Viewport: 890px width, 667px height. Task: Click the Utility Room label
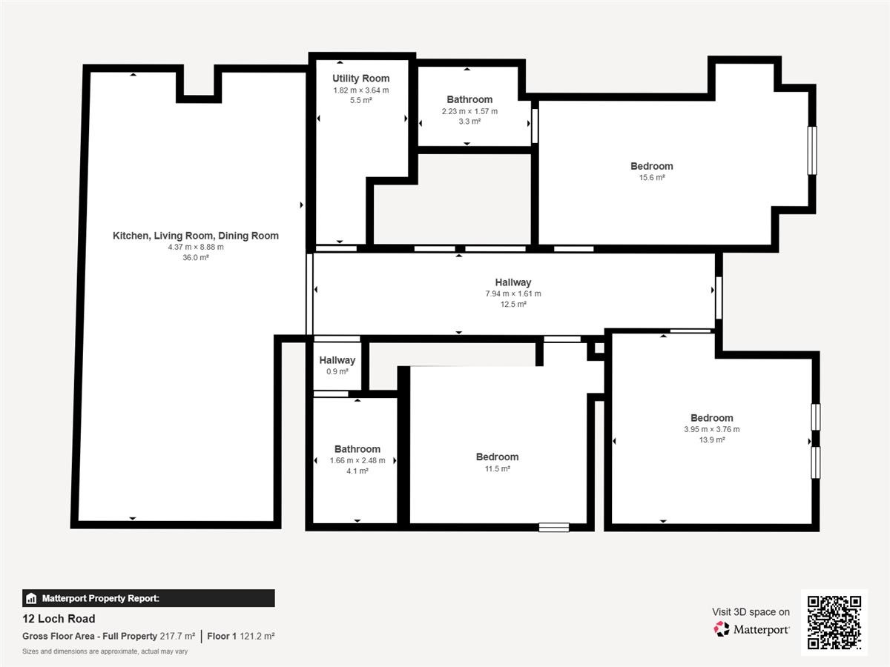pyautogui.click(x=361, y=79)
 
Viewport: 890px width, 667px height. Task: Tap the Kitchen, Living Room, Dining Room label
pyautogui.click(x=196, y=236)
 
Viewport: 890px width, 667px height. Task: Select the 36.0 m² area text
pyautogui.click(x=196, y=258)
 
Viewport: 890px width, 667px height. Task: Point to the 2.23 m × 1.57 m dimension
pyautogui.click(x=469, y=111)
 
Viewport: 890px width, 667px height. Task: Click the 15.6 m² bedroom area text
pyautogui.click(x=652, y=177)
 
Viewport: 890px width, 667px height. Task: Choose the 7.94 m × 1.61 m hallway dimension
pyautogui.click(x=513, y=293)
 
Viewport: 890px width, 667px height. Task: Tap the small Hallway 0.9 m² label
pyautogui.click(x=337, y=365)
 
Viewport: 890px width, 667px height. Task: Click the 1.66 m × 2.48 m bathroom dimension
pyautogui.click(x=357, y=460)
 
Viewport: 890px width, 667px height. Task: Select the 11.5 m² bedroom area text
pyautogui.click(x=497, y=468)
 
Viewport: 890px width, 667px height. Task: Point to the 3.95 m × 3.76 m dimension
pyautogui.click(x=711, y=429)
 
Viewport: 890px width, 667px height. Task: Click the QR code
pyautogui.click(x=834, y=623)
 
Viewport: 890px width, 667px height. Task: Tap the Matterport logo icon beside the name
pyautogui.click(x=722, y=629)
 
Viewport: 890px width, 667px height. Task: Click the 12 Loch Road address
pyautogui.click(x=59, y=619)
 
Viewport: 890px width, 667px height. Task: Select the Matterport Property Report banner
pyautogui.click(x=148, y=598)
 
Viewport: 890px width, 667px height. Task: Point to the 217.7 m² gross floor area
pyautogui.click(x=177, y=636)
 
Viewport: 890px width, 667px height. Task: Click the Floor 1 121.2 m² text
pyautogui.click(x=241, y=636)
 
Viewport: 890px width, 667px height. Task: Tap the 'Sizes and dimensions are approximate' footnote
pyautogui.click(x=105, y=651)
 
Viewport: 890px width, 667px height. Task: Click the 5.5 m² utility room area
pyautogui.click(x=361, y=100)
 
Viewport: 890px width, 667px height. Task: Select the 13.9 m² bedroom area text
pyautogui.click(x=711, y=439)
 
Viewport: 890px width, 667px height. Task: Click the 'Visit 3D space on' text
pyautogui.click(x=751, y=612)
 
